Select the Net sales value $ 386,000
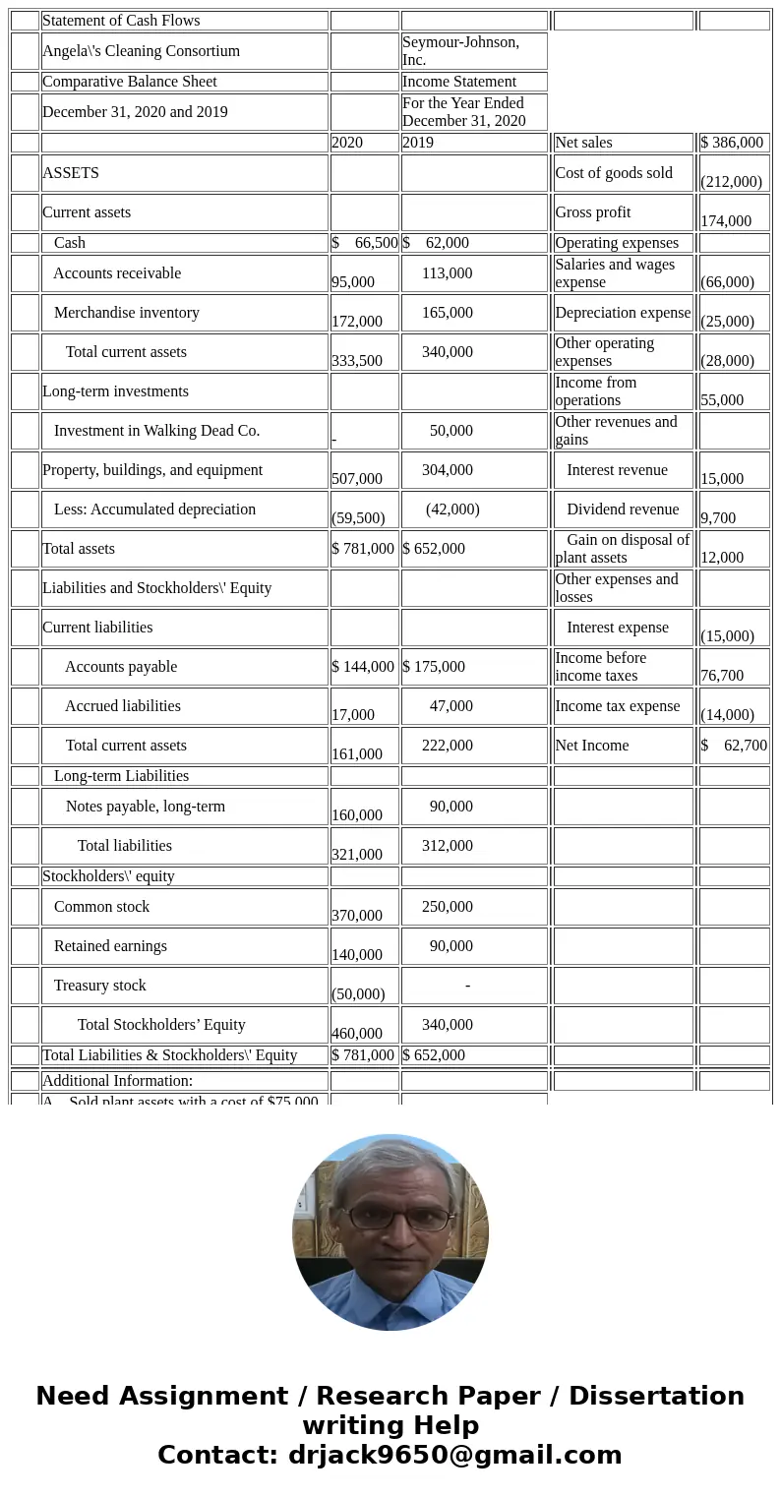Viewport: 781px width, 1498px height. point(732,143)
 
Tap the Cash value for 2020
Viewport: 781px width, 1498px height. point(365,243)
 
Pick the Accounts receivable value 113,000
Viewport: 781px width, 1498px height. point(447,273)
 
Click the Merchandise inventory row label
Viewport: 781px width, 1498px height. point(126,313)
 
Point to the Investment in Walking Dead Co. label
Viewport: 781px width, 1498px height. point(156,431)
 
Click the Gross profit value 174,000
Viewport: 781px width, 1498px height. point(726,221)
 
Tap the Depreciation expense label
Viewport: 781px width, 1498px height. point(623,313)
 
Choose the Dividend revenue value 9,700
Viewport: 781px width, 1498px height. point(718,517)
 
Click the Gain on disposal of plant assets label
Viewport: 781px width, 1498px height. point(623,549)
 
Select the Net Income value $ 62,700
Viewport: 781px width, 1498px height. point(734,746)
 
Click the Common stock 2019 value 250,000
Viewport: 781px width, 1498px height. point(447,907)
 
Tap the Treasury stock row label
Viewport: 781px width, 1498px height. point(99,986)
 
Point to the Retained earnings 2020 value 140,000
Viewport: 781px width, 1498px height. point(357,954)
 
